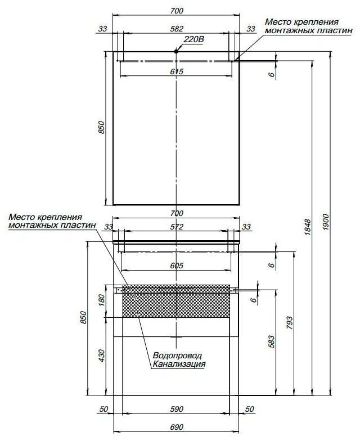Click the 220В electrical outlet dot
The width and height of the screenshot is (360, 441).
[x=176, y=51]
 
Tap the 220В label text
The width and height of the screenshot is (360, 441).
[x=193, y=39]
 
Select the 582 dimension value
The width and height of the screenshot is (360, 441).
[x=177, y=29]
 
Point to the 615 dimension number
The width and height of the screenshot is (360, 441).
[x=177, y=71]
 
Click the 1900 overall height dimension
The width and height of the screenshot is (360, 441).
[x=325, y=222]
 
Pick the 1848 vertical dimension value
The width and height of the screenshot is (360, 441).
[x=308, y=227]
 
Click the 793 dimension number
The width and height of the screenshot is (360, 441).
[x=289, y=323]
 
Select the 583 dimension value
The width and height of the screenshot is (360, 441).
[x=271, y=341]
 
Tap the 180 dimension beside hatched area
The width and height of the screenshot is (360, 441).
[x=102, y=300]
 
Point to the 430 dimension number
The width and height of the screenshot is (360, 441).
[x=102, y=355]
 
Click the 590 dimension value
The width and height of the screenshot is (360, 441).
[x=177, y=409]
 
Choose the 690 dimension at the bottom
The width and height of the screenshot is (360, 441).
[x=177, y=427]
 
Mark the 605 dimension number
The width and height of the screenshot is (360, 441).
[x=177, y=265]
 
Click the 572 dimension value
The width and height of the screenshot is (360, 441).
[x=177, y=227]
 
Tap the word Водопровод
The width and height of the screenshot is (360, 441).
[x=177, y=355]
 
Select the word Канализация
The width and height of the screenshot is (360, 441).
[x=179, y=364]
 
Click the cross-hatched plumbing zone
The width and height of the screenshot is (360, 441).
[x=176, y=301]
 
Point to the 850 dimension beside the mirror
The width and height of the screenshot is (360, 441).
[x=102, y=127]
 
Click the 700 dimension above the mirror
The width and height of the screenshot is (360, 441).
[x=177, y=11]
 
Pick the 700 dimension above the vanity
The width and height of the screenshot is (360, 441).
[x=177, y=213]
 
